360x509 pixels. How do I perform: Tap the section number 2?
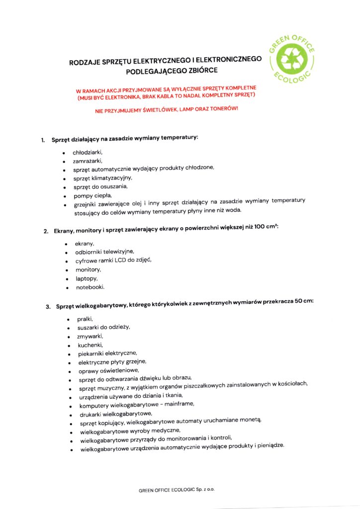click(45, 232)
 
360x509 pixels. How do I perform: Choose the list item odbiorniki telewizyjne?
click(104, 252)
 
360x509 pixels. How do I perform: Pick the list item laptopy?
click(87, 278)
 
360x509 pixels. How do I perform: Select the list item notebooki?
click(90, 287)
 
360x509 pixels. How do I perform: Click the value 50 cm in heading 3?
click(302, 303)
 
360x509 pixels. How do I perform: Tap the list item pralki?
click(85, 319)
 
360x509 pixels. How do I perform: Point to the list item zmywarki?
click(89, 336)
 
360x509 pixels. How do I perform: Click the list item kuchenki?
click(89, 344)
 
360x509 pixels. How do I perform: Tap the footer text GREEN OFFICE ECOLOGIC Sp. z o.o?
click(177, 490)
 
